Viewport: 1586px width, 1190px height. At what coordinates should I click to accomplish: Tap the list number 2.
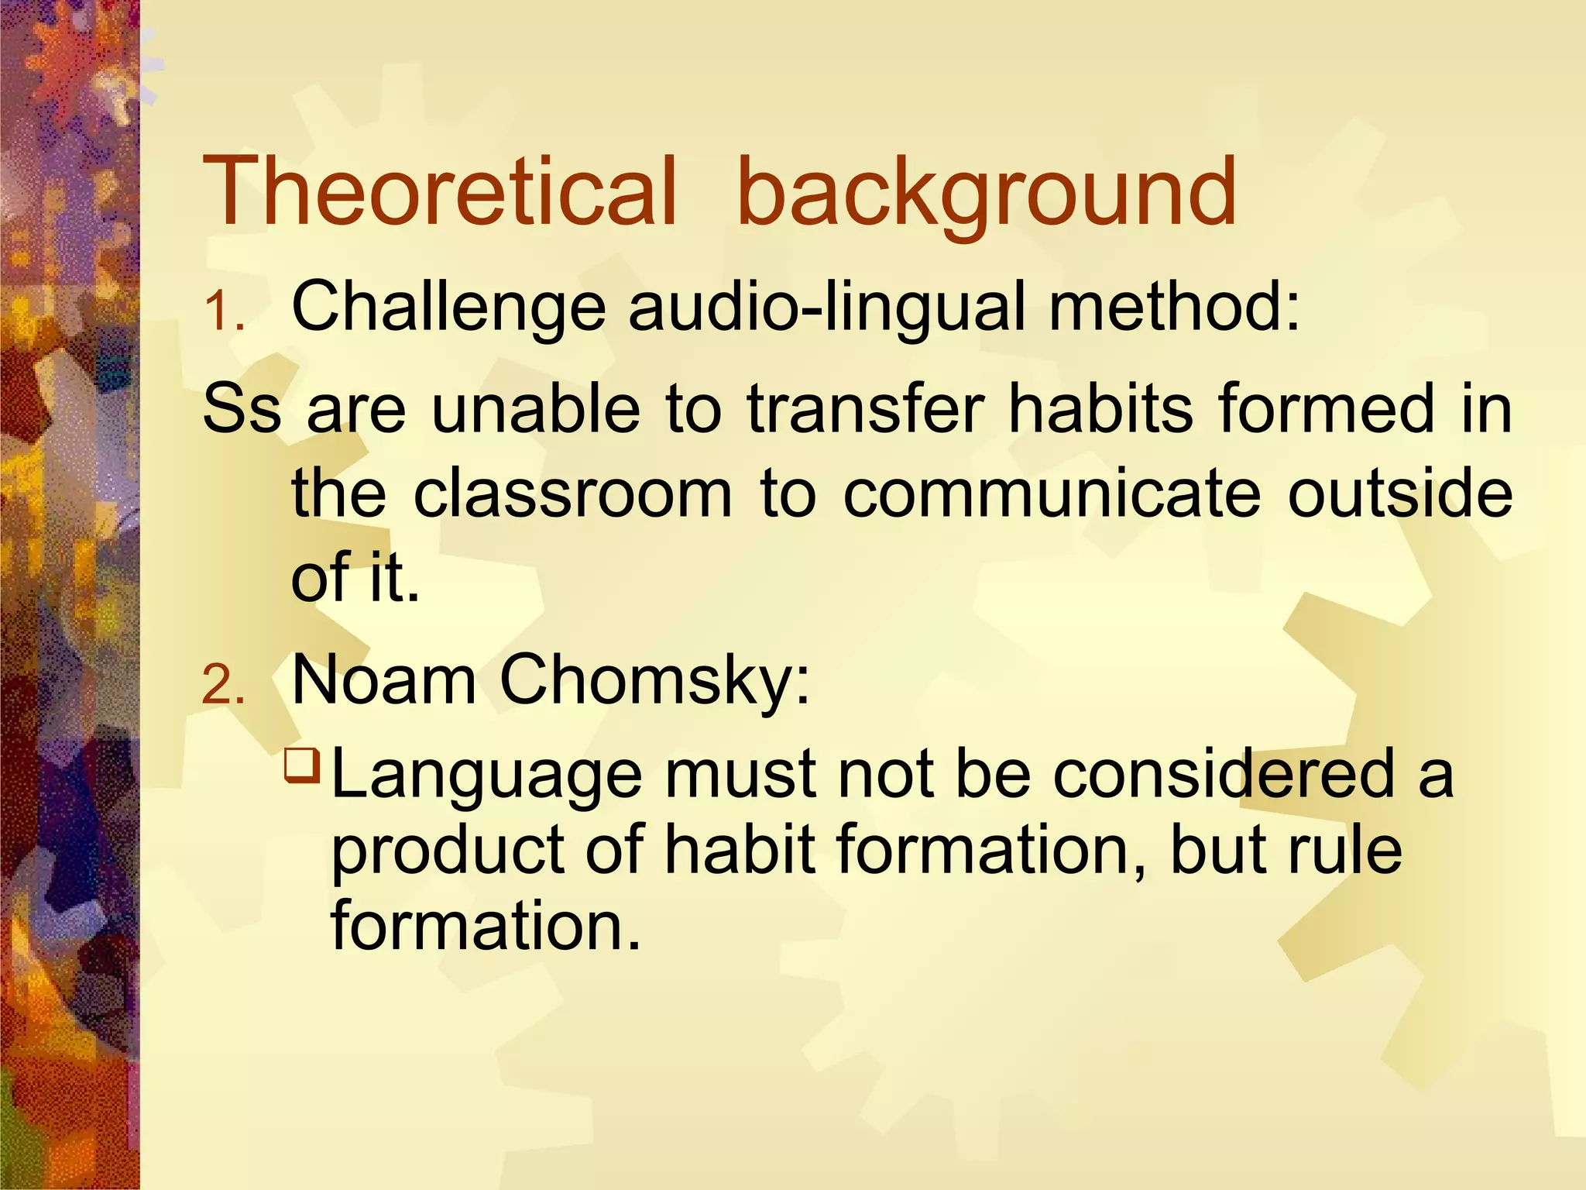[x=223, y=686]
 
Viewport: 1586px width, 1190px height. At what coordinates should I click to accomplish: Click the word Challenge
[x=448, y=307]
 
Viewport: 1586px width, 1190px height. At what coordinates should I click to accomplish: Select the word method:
[x=1174, y=307]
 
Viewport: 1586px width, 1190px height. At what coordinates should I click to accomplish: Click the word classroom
[x=572, y=494]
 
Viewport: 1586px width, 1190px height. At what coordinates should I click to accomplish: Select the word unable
[x=535, y=409]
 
